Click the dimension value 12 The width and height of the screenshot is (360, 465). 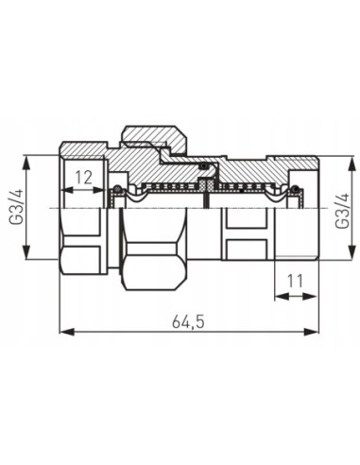pyautogui.click(x=84, y=176)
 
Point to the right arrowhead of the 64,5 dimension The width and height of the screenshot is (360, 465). pyautogui.click(x=316, y=332)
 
